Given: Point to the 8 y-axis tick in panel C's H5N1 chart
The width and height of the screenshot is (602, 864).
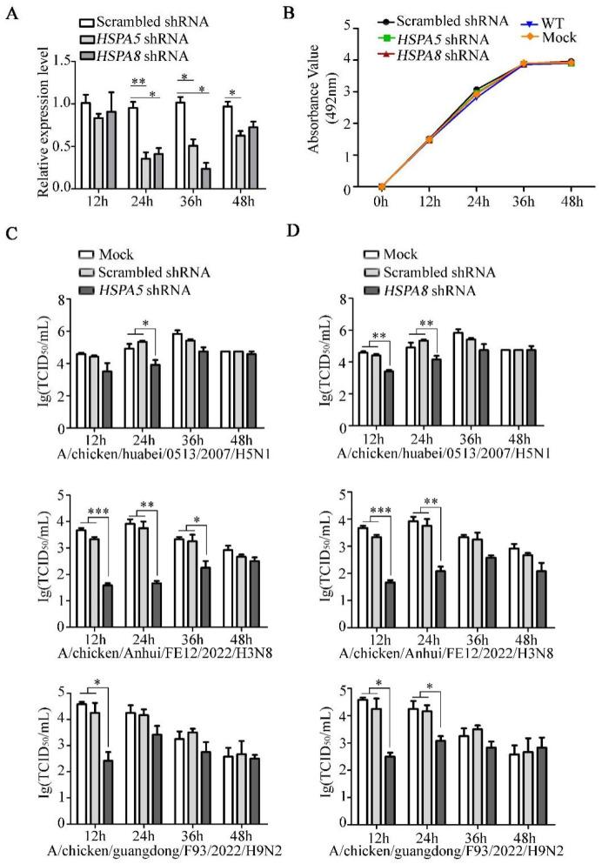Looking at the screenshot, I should tap(64, 299).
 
